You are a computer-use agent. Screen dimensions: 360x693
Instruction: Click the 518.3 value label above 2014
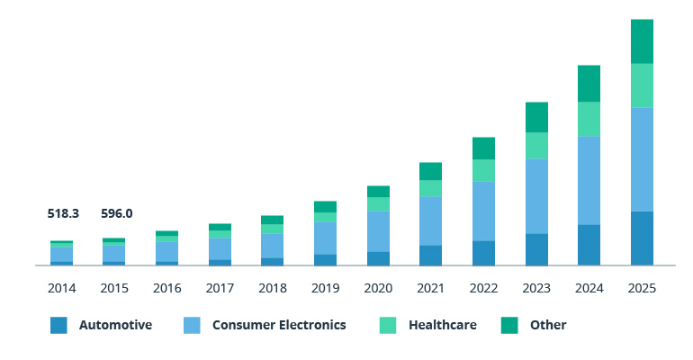[63, 214]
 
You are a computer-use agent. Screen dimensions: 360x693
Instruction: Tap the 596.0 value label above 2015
[116, 214]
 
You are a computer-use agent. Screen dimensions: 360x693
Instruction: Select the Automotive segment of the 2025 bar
[642, 238]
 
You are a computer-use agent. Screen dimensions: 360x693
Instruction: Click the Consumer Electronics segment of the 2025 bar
[642, 159]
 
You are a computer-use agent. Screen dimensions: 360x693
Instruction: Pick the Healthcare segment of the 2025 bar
[642, 85]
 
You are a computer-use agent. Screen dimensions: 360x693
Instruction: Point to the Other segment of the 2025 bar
[642, 41]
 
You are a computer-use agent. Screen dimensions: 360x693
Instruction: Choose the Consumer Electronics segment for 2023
[536, 196]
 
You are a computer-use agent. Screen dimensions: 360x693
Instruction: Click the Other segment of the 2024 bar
[589, 84]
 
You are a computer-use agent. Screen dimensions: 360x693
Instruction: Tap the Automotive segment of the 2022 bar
[483, 253]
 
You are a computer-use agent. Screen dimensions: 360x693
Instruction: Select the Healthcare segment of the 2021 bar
[430, 188]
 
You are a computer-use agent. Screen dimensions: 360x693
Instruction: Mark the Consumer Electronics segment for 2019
[325, 238]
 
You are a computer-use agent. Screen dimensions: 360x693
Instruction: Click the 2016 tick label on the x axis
[167, 289]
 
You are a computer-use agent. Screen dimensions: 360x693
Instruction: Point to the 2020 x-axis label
[378, 289]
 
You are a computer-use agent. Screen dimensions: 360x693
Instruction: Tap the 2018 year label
[273, 289]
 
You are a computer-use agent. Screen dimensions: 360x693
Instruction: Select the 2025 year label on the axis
[642, 289]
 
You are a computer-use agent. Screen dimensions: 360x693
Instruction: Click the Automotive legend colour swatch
[58, 325]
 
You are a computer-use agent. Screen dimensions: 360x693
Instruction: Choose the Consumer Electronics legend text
[279, 325]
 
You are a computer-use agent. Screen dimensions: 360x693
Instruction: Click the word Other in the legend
[548, 325]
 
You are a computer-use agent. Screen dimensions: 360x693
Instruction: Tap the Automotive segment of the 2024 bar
[589, 245]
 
